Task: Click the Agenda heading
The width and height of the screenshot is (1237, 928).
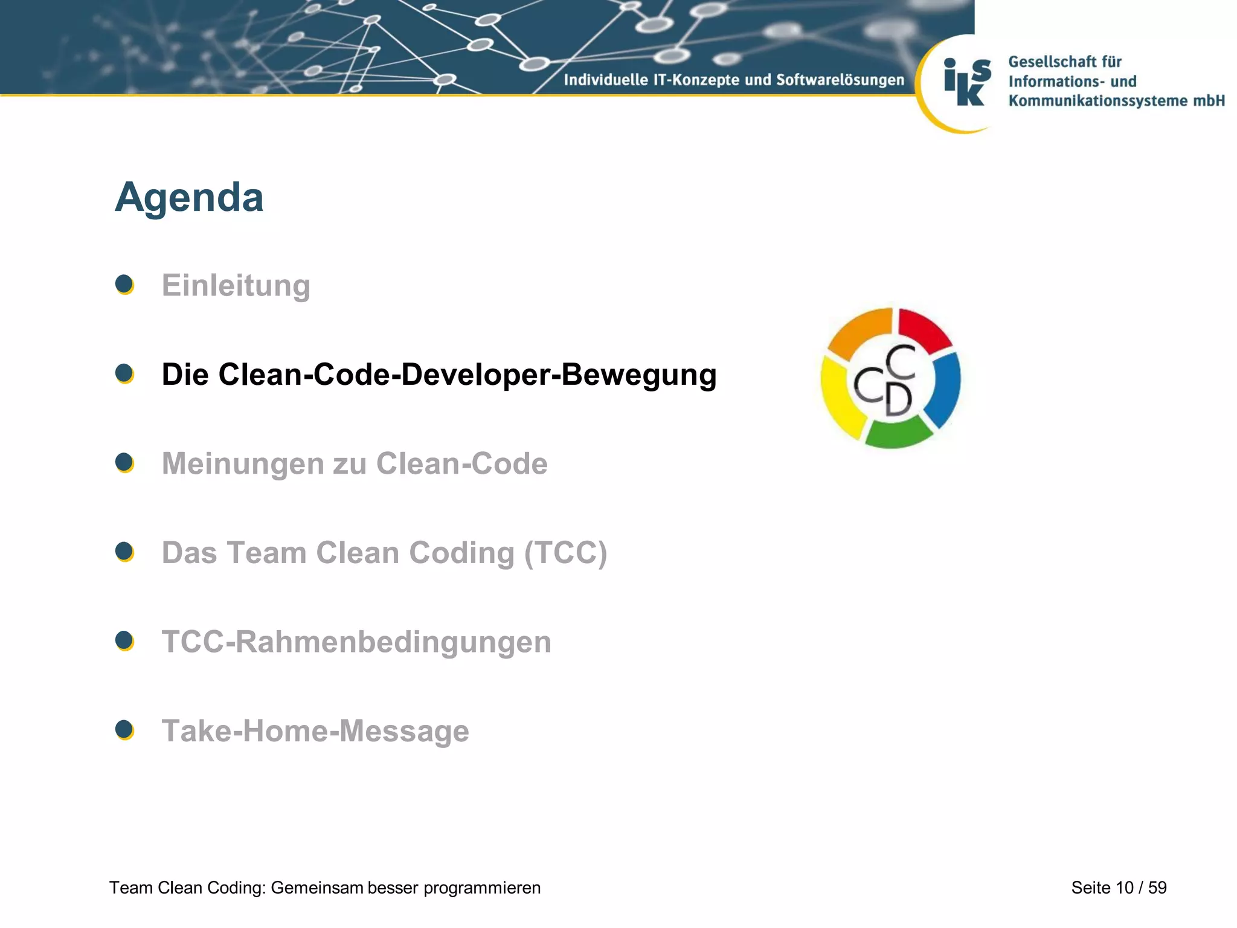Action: coord(189,198)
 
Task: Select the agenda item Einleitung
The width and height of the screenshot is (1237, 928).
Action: coord(236,285)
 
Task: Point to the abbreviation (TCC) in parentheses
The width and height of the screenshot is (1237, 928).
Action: coord(565,553)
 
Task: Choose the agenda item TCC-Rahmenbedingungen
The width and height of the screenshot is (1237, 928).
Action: coord(356,642)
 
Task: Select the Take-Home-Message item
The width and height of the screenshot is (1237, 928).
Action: coord(315,730)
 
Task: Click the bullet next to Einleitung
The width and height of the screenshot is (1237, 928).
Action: coord(124,285)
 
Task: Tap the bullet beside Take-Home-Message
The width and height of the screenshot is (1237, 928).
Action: coord(124,730)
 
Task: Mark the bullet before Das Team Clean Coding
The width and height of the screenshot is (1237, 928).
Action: coord(124,552)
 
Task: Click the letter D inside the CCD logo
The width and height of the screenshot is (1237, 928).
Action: coord(898,400)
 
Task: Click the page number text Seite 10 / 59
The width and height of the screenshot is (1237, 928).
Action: coord(1119,888)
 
